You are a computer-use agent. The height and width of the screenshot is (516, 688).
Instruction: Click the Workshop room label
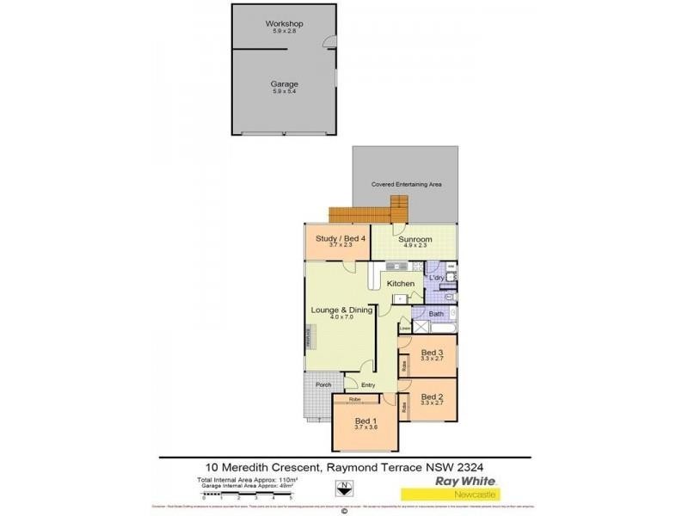coord(284,23)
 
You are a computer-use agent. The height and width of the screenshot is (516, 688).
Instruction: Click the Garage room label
coord(284,84)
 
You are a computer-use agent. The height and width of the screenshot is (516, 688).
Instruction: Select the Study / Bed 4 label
coord(336,240)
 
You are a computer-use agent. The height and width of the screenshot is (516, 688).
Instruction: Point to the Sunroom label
coord(421,240)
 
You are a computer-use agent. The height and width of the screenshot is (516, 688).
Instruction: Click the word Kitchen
coord(400,283)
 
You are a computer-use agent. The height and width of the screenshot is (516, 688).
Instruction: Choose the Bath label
coord(436,314)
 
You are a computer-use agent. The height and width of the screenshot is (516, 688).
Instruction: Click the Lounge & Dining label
coord(341,310)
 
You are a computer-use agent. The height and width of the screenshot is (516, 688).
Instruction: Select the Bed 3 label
coord(432,353)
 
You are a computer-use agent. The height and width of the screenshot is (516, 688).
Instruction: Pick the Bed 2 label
coord(432,396)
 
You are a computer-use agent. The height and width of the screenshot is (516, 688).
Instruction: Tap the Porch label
coord(323,384)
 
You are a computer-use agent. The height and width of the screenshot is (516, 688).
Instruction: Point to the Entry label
coord(368,385)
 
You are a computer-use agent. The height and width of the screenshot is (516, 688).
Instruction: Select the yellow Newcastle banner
coord(450,494)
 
